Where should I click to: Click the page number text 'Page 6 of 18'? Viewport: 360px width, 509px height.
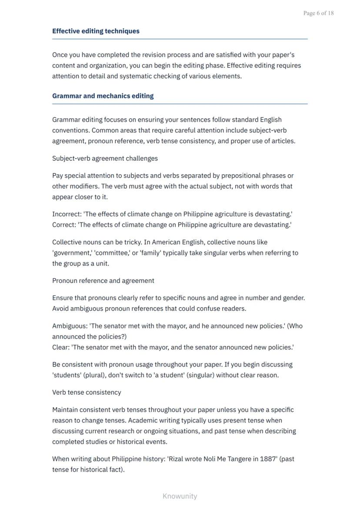(x=318, y=13)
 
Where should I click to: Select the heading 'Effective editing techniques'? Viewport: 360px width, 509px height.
(x=96, y=31)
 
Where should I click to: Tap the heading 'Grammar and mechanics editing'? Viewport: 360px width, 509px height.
(x=103, y=96)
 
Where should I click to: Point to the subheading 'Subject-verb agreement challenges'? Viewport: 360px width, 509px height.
(x=105, y=158)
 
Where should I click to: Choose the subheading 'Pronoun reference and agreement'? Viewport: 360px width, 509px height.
(x=103, y=281)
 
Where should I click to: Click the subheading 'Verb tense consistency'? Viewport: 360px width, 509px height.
(x=87, y=393)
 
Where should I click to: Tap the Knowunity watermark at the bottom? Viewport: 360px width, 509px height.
(x=180, y=496)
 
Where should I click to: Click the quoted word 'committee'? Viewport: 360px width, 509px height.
(x=111, y=253)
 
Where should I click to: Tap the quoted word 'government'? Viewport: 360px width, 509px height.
(x=72, y=253)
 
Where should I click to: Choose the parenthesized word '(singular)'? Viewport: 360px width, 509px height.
(x=200, y=375)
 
